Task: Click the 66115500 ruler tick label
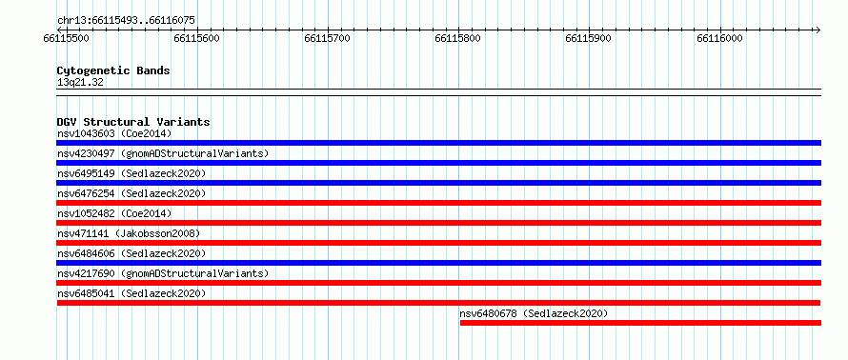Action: (67, 38)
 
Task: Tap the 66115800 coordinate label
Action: (458, 38)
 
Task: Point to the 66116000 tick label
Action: (719, 38)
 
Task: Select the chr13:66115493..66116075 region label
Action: (126, 21)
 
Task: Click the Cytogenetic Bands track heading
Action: (113, 70)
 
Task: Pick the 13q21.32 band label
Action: (80, 82)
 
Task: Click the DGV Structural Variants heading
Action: (133, 122)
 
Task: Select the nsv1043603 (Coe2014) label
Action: (114, 133)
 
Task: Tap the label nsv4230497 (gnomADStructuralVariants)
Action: (163, 153)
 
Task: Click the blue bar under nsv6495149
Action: (438, 183)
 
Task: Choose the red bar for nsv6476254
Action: (438, 203)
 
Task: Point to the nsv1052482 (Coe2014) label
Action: (114, 213)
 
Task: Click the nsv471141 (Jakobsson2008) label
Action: (129, 233)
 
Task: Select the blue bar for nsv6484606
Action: (438, 263)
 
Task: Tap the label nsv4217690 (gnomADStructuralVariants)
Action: (163, 273)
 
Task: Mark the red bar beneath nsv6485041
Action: (438, 303)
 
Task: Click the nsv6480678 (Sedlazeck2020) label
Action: (534, 313)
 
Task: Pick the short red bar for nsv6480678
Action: (641, 323)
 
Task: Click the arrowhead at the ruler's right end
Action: (818, 30)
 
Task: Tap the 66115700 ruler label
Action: (327, 38)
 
